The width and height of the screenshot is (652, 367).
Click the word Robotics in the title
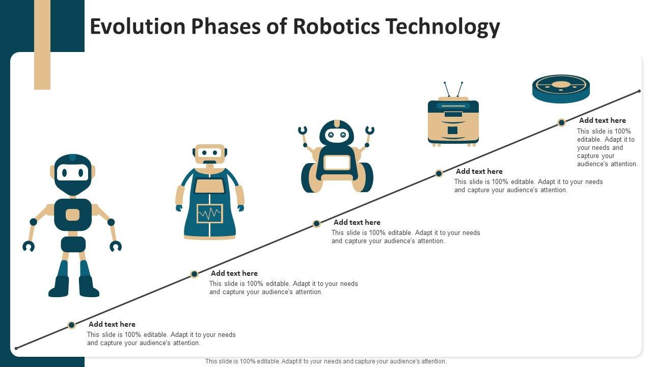pos(336,27)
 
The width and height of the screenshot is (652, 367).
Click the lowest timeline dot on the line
pos(72,325)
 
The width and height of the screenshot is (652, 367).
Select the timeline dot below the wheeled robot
pos(316,223)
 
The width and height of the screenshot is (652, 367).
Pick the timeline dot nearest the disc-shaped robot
pos(561,122)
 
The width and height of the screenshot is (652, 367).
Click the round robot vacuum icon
pos(561,88)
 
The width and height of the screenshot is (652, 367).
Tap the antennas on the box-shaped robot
pos(453,89)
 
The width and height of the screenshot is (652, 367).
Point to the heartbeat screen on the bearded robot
pos(210,214)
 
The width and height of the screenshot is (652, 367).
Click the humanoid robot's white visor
pos(73,173)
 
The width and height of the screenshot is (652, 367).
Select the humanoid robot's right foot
pos(89,287)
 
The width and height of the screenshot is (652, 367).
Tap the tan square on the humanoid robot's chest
pos(73,215)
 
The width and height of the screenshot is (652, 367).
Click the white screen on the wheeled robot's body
pos(337,163)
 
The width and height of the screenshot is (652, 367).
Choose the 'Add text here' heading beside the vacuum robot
pos(602,121)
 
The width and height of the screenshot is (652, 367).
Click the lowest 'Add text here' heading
pos(112,324)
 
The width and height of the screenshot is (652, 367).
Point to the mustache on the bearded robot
pos(210,162)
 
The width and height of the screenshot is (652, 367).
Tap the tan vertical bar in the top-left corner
pos(42,45)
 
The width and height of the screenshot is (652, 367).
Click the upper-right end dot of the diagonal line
pos(639,92)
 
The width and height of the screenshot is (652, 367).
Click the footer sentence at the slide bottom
pos(326,361)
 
